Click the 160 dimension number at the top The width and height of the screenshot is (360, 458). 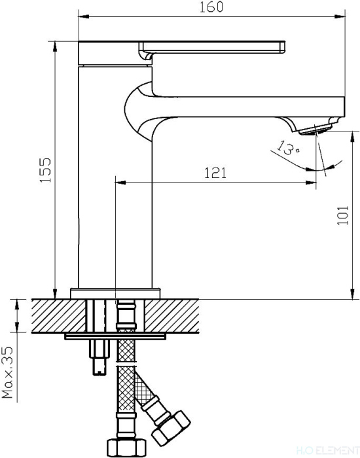[x=211, y=7]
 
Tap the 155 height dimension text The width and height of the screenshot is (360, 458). [x=46, y=170]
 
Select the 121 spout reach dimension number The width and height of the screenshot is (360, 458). [x=215, y=173]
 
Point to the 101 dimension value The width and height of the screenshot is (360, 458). [x=343, y=215]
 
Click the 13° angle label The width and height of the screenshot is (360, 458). [x=288, y=147]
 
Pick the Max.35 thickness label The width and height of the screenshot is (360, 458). [x=8, y=372]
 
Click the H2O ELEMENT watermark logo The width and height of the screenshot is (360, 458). [x=327, y=450]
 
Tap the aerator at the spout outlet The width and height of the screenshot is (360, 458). [x=316, y=130]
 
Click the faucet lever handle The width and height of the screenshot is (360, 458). [x=212, y=48]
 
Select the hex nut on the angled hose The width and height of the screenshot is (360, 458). [x=171, y=428]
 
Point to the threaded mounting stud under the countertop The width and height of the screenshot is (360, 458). [x=99, y=357]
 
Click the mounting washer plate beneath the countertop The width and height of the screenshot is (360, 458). [x=115, y=336]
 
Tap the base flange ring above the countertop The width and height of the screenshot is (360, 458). [x=115, y=293]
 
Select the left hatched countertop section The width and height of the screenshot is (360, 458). [x=58, y=316]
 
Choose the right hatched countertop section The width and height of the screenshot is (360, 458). [x=171, y=316]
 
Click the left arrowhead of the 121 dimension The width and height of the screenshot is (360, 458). [x=120, y=183]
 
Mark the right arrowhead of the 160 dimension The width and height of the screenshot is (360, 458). [x=340, y=16]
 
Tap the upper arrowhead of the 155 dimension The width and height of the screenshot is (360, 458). [x=55, y=46]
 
